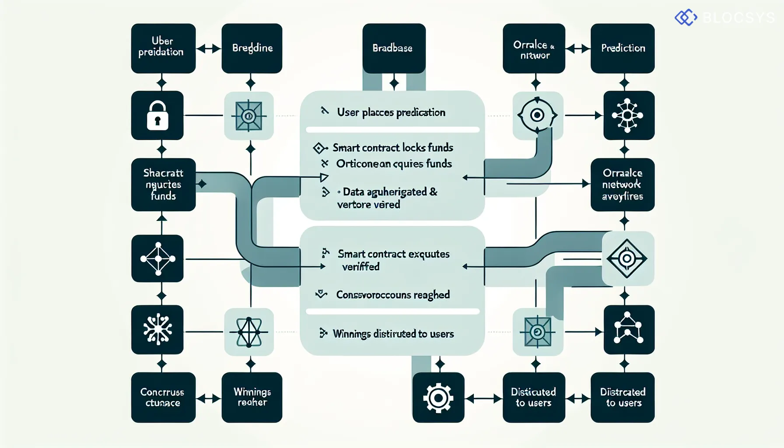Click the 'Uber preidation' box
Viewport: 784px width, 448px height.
[163, 48]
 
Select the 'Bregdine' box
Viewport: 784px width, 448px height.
[252, 48]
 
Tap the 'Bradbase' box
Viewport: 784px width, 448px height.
[394, 48]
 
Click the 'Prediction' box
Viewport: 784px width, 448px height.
[622, 48]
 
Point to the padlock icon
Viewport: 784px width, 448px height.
[157, 115]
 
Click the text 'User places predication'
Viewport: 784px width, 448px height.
[391, 112]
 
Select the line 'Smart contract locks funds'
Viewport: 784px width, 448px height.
[392, 148]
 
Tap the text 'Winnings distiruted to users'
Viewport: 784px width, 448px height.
[393, 334]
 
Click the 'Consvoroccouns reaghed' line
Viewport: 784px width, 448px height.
[392, 295]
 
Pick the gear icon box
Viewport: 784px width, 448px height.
[438, 397]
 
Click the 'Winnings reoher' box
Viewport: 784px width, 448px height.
[252, 397]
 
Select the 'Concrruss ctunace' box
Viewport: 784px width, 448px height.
[163, 397]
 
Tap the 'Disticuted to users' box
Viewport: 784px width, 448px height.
[533, 397]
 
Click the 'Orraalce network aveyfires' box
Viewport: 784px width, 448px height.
[622, 185]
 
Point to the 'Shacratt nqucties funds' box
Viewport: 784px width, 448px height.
[163, 185]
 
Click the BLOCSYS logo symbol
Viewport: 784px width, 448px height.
[686, 17]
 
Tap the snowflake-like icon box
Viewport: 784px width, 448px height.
[157, 329]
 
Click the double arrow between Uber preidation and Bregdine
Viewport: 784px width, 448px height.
[208, 49]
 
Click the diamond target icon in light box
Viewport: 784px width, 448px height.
[627, 259]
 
